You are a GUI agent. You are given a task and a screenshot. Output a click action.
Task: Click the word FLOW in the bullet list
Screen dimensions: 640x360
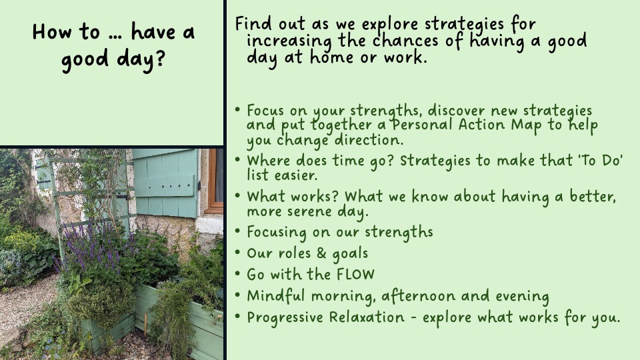click(x=355, y=274)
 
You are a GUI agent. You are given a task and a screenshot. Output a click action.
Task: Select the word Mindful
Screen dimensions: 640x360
click(x=276, y=295)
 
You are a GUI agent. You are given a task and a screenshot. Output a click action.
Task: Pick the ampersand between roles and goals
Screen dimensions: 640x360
click(x=321, y=253)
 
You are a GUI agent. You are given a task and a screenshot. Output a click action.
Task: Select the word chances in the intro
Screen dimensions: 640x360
click(x=407, y=41)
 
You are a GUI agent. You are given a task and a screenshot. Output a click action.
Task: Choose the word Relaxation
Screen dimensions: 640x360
click(x=367, y=317)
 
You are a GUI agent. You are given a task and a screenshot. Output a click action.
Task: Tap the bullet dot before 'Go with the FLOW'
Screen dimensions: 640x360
click(x=237, y=273)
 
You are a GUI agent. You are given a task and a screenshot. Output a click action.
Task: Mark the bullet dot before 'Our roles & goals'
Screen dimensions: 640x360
click(x=237, y=252)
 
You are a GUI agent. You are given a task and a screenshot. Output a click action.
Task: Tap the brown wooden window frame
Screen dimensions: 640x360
click(x=213, y=181)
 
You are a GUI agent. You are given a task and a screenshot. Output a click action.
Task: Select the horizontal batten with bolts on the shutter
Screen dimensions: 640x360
click(x=164, y=187)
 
